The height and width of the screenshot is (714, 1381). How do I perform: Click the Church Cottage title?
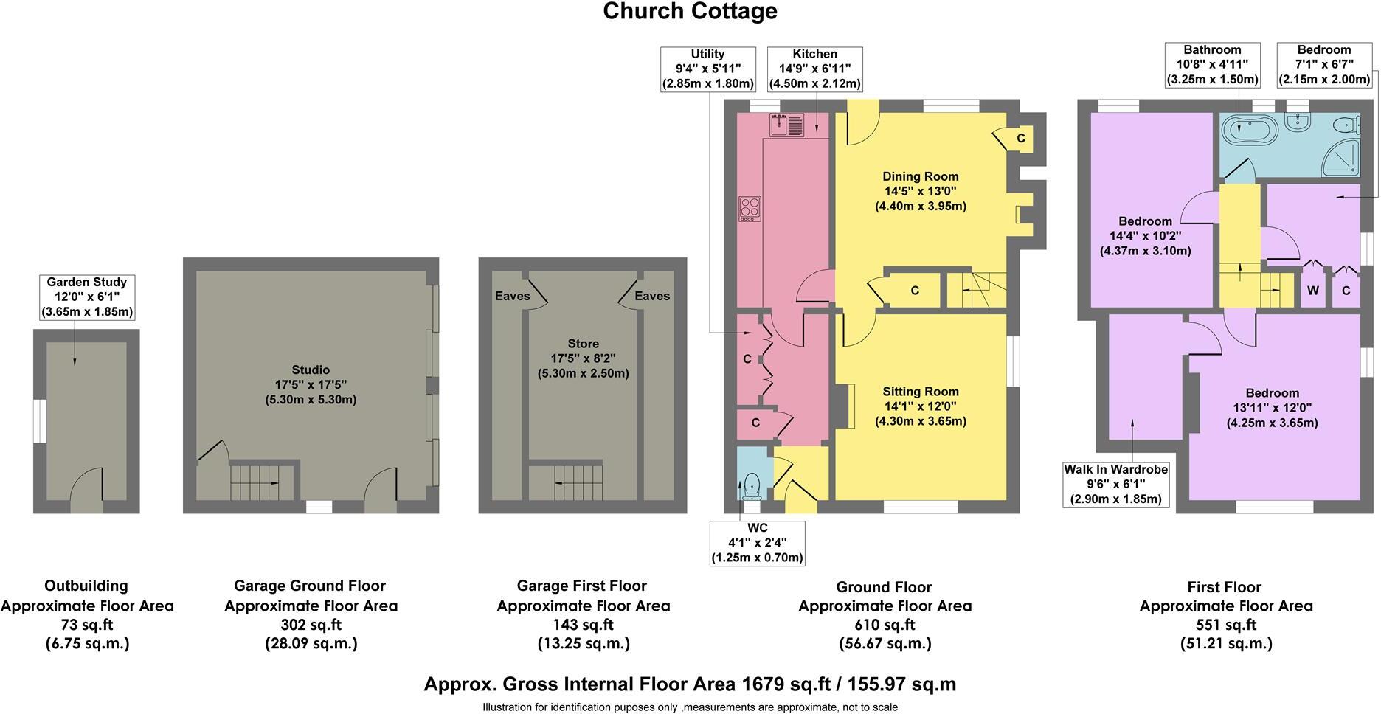pyautogui.click(x=690, y=12)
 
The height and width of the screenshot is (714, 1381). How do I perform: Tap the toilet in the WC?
pyautogui.click(x=752, y=485)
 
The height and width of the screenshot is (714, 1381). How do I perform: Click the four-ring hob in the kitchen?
pyautogui.click(x=749, y=209)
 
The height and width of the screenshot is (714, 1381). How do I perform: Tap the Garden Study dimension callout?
pyautogui.click(x=87, y=297)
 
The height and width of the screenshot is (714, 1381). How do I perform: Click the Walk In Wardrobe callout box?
pyautogui.click(x=1115, y=484)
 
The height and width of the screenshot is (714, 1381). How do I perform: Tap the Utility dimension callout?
pyautogui.click(x=707, y=69)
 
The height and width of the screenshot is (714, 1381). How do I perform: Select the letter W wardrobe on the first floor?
pyautogui.click(x=1313, y=291)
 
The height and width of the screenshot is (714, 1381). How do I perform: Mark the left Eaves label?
pyautogui.click(x=512, y=296)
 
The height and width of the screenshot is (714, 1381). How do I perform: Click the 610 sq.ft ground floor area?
pyautogui.click(x=885, y=625)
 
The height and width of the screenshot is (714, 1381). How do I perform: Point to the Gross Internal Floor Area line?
pyautogui.click(x=690, y=684)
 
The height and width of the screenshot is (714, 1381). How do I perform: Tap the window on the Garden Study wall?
pyautogui.click(x=39, y=421)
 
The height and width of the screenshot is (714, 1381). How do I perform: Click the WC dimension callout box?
pyautogui.click(x=757, y=543)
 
